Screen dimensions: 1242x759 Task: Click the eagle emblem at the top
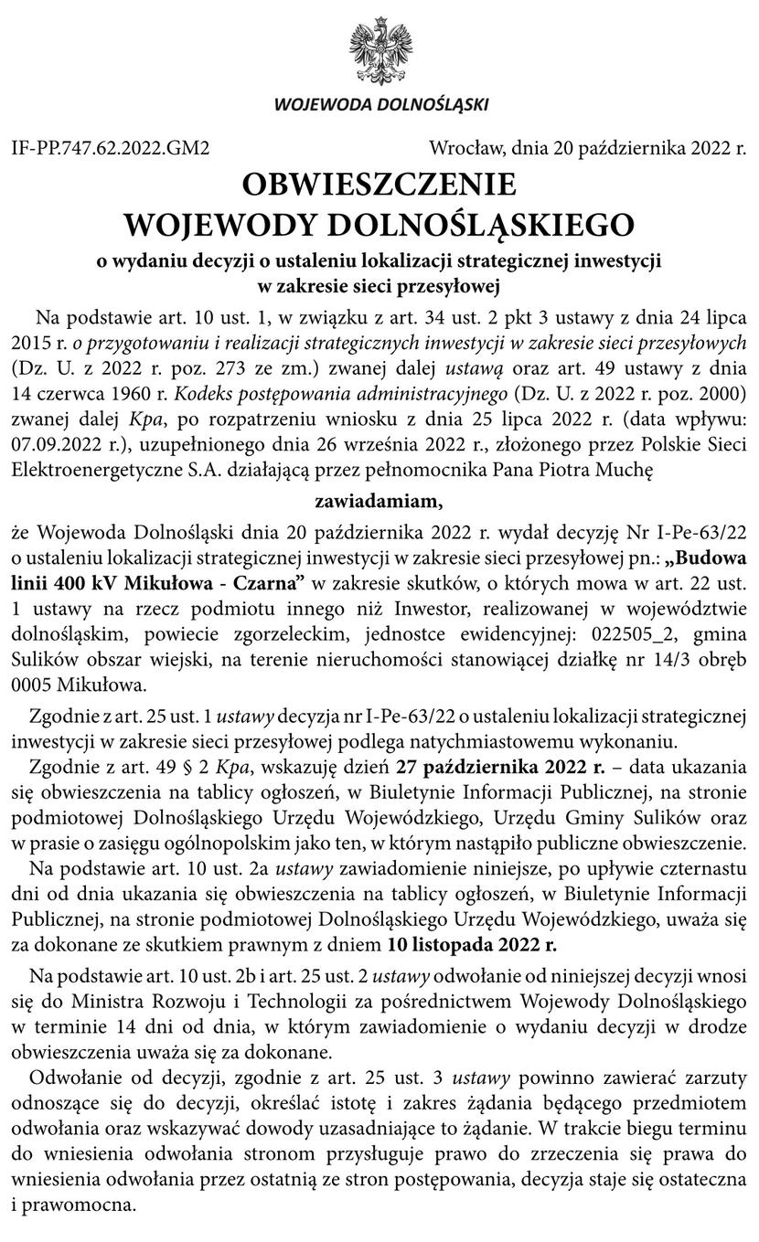point(380,49)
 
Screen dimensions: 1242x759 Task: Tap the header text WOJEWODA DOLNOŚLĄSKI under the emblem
point(380,104)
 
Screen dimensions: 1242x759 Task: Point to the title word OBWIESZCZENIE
point(379,186)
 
